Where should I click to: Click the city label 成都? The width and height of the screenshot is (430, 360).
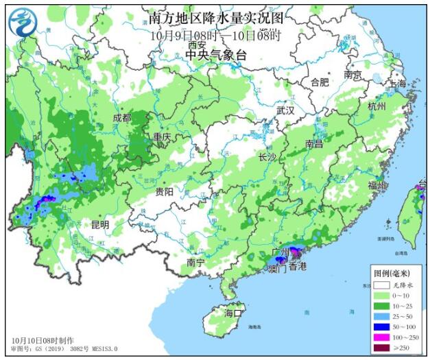(122, 118)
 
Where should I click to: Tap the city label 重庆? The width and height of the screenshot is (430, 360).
(163, 137)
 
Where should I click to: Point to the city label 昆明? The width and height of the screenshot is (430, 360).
(100, 224)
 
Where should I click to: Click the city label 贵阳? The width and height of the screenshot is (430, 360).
(164, 191)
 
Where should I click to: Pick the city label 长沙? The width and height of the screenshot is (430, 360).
(267, 157)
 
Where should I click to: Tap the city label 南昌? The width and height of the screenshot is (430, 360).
(314, 144)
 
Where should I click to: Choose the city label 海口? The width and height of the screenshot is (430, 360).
(234, 313)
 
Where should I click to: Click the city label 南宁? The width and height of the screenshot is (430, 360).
(196, 263)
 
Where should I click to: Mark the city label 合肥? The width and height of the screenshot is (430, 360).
(320, 82)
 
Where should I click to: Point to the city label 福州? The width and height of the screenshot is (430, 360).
(377, 185)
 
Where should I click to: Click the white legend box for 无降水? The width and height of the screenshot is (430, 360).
(381, 284)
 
